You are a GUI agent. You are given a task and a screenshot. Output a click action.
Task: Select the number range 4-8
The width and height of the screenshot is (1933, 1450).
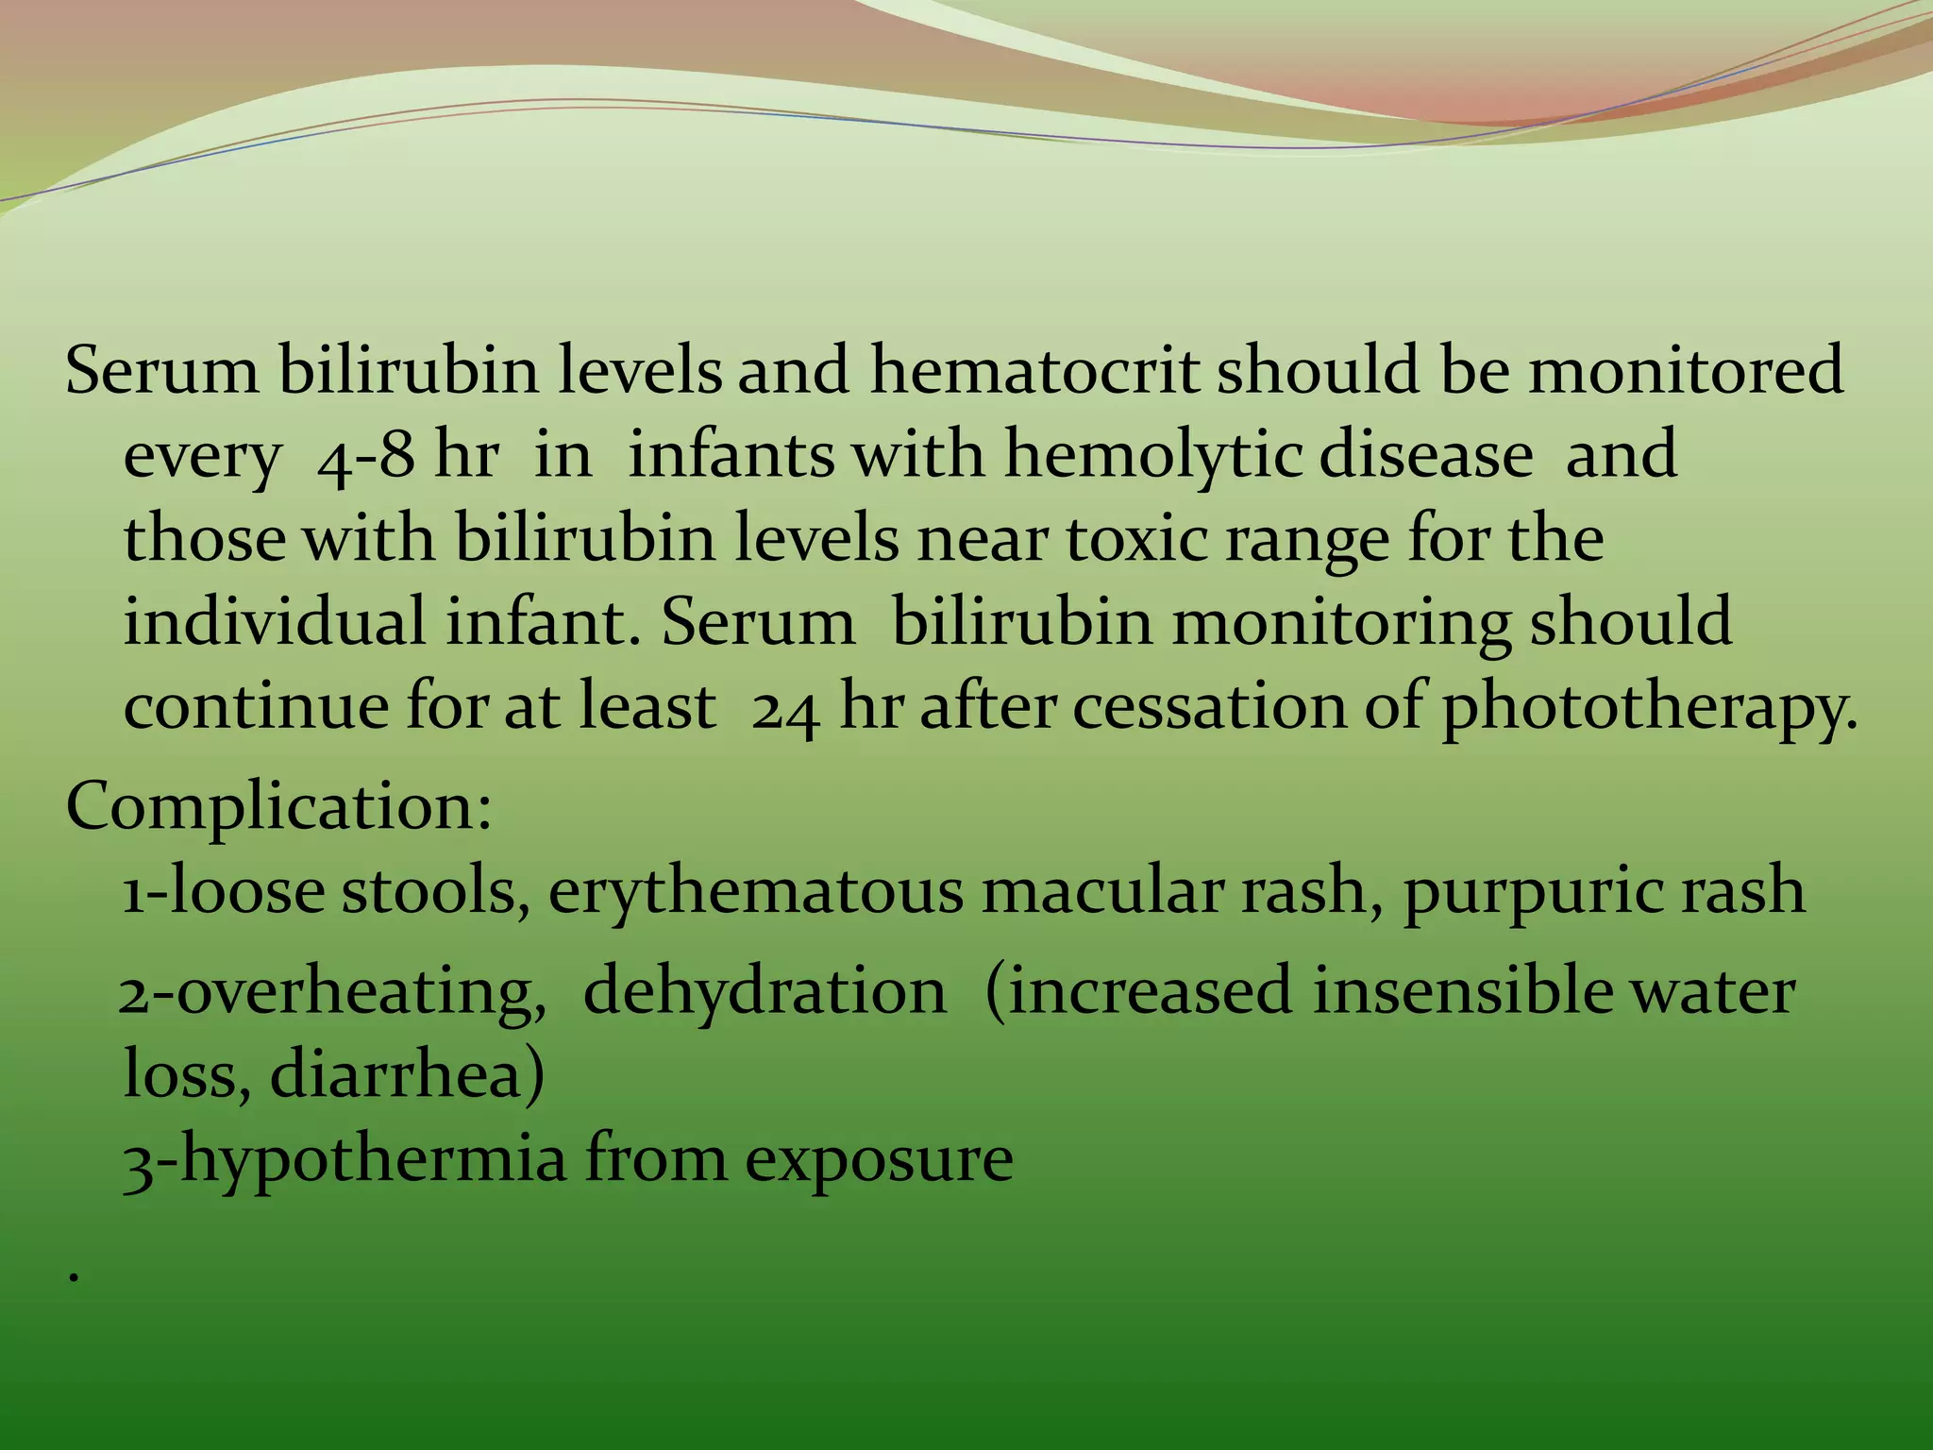365,456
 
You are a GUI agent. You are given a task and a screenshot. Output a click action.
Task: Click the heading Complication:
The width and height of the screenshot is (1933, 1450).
279,808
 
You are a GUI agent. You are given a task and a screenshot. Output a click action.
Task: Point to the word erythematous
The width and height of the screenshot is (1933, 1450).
755,892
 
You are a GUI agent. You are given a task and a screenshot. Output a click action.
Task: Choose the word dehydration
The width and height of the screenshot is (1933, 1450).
765,991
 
